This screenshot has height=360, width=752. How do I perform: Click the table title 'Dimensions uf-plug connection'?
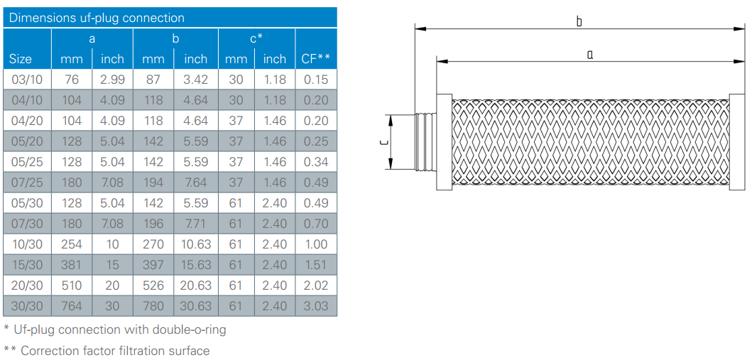[x=97, y=18]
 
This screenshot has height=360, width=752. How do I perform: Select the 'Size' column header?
[x=21, y=59]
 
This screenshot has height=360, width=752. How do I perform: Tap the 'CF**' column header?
[x=315, y=59]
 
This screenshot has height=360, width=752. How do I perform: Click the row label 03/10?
[x=27, y=80]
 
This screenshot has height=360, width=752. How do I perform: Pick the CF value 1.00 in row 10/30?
[x=316, y=244]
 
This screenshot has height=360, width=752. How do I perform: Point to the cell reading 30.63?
[x=196, y=306]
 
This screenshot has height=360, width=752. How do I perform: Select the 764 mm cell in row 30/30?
[x=72, y=306]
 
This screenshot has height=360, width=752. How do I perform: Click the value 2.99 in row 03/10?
[x=112, y=80]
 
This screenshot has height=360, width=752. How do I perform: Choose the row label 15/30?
[x=27, y=265]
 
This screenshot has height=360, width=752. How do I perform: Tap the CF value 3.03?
[x=316, y=306]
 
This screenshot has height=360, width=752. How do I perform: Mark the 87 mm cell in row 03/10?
[x=153, y=80]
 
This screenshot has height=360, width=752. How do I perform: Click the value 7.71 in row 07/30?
[x=196, y=224]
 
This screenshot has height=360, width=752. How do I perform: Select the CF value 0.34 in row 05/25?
[x=316, y=162]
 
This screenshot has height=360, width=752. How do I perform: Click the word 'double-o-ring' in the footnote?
[x=190, y=330]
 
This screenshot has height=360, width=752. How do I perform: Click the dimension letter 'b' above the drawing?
[x=579, y=21]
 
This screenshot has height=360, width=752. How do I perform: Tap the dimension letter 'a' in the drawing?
[x=590, y=55]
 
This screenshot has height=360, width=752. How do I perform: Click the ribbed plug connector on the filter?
[x=425, y=142]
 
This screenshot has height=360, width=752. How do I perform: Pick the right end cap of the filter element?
[x=736, y=142]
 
